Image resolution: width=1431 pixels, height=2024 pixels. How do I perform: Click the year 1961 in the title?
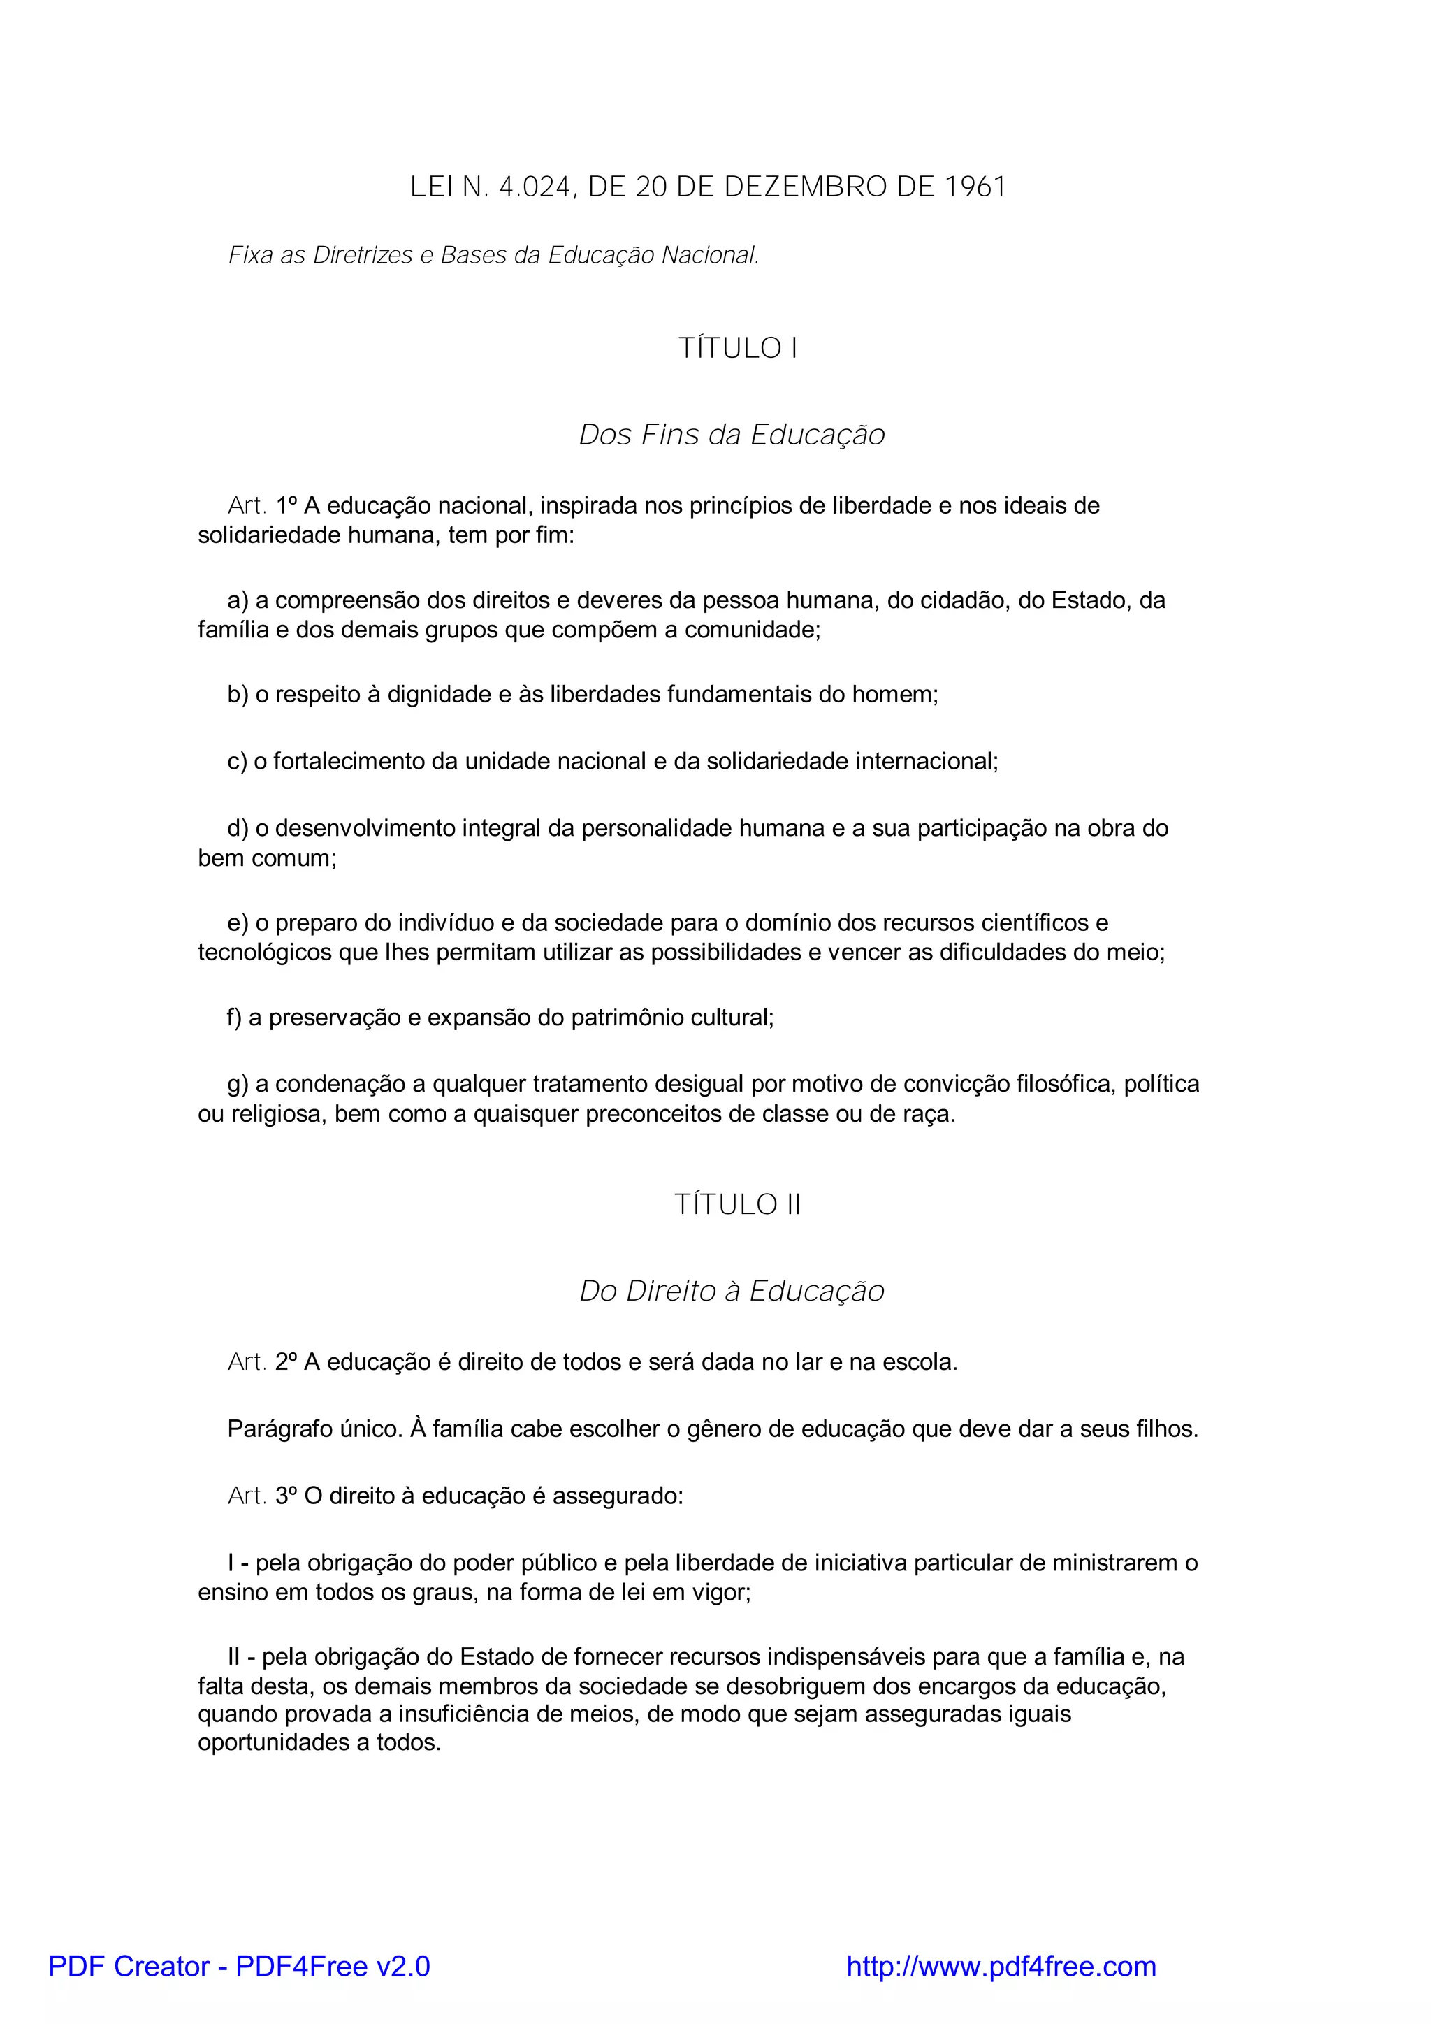pos(975,187)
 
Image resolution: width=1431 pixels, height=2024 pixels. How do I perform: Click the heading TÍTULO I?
pos(738,348)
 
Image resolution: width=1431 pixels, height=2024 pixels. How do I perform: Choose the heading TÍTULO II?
pos(738,1204)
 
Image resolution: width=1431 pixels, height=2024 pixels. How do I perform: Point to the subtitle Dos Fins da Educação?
pos(732,435)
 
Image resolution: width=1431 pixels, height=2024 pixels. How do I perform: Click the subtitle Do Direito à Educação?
pos(732,1291)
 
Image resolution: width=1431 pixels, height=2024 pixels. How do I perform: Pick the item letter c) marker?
pos(237,761)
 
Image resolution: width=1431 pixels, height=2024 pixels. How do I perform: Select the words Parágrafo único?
pos(314,1429)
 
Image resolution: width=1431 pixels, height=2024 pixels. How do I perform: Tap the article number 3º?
pos(286,1496)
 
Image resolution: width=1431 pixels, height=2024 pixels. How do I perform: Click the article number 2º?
pos(286,1362)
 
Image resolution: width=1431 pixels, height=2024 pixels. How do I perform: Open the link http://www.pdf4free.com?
pos(1001,1966)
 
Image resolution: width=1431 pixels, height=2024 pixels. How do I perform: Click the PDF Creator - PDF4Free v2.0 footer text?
pos(240,1966)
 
